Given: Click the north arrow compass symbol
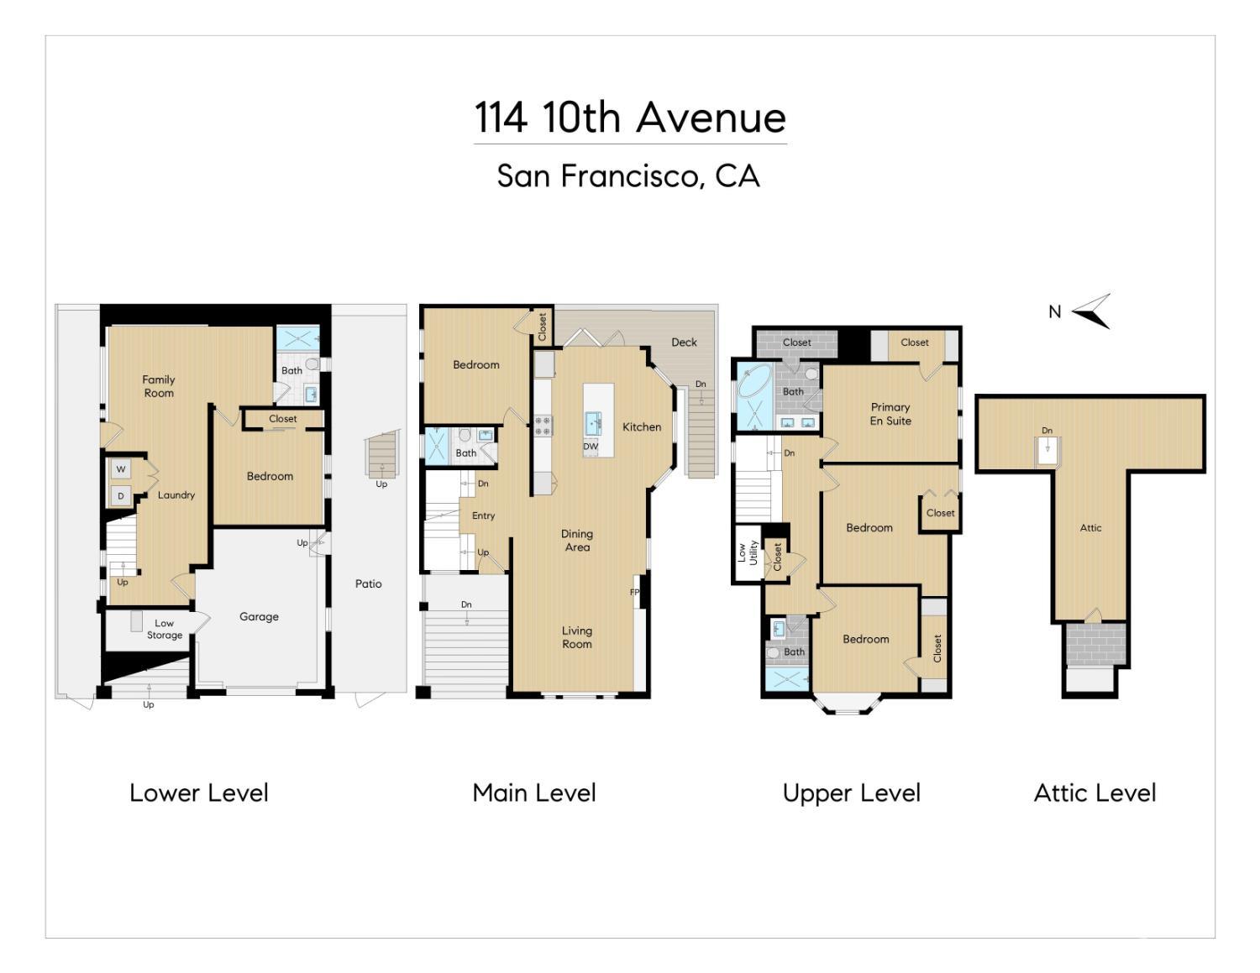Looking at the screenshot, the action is point(1093,311).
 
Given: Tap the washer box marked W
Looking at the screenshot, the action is point(121,469).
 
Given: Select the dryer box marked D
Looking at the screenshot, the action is point(121,496).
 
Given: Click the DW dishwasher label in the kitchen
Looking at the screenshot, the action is point(591,447).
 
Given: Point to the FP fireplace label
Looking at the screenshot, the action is point(634,592).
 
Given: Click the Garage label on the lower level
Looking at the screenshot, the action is point(259,616).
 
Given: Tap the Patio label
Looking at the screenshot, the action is point(368,583).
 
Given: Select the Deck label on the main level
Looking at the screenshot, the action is point(685,342).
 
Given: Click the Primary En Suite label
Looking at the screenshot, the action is point(890,414).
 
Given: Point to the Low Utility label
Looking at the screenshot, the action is point(748,553).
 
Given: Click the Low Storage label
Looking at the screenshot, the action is point(164,629).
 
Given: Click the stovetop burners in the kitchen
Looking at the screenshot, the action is point(543,426).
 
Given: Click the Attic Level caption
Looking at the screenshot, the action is point(1095,793).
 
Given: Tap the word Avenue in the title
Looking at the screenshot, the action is point(711,118).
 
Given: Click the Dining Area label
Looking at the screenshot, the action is point(577,540).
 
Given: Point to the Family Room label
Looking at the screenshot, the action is point(158,386).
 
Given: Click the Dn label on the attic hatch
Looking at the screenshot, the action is point(1047,431).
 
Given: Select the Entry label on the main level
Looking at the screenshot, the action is point(483,515).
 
